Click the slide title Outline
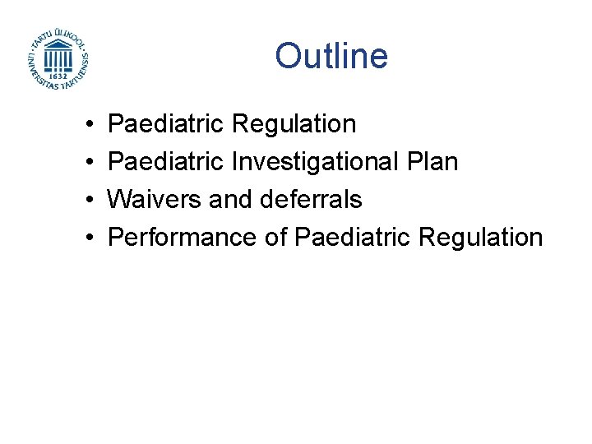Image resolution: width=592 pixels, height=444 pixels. click(x=331, y=56)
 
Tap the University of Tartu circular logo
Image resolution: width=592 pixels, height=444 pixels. click(x=58, y=59)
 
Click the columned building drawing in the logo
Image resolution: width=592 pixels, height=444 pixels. click(x=58, y=57)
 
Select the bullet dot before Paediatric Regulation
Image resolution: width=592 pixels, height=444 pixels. click(x=87, y=125)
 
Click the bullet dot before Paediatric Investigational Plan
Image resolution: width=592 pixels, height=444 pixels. click(x=87, y=163)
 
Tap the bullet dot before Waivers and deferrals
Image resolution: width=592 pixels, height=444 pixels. click(x=87, y=200)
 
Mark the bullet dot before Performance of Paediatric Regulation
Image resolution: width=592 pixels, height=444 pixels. click(x=87, y=238)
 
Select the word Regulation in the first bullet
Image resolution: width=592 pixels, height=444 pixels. click(x=294, y=124)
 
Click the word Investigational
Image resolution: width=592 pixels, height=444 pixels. click(x=317, y=162)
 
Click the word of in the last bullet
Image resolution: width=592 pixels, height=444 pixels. click(x=275, y=238)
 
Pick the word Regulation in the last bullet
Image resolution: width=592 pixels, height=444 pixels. click(x=480, y=238)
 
